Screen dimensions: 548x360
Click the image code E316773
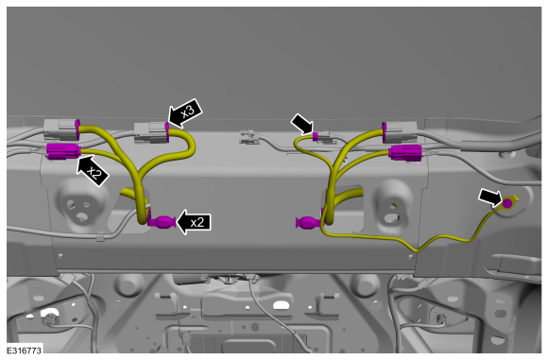coord(25,350)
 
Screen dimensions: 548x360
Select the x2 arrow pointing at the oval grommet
coord(194,222)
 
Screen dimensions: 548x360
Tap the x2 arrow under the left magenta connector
coord(93,171)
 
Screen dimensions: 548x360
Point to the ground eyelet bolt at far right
coord(507,202)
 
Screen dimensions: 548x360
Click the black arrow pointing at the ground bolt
coord(491,197)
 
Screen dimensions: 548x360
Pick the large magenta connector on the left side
coord(63,151)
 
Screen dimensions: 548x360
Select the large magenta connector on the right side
coord(405,153)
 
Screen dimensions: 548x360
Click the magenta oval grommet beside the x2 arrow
coord(162,222)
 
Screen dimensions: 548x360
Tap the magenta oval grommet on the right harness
coord(309,222)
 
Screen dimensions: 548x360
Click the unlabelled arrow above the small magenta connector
coord(302,124)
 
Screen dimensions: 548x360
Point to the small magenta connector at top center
coord(316,137)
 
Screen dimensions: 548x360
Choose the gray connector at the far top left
coord(60,129)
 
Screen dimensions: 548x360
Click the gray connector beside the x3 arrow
coord(151,133)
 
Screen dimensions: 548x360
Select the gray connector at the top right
coord(401,131)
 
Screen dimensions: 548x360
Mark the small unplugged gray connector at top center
coord(248,136)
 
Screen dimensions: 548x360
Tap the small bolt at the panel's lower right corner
coord(411,257)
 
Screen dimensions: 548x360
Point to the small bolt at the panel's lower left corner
coord(60,255)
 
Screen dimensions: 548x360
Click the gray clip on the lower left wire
coord(101,236)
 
